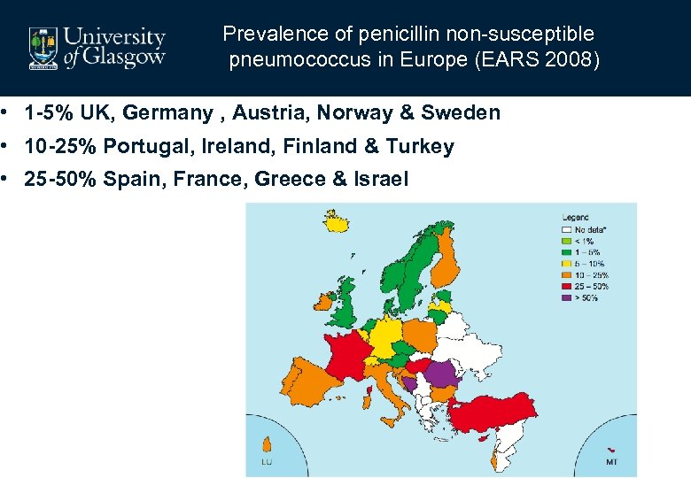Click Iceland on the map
click(336, 220)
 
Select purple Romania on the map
click(442, 374)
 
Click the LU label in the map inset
click(266, 462)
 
